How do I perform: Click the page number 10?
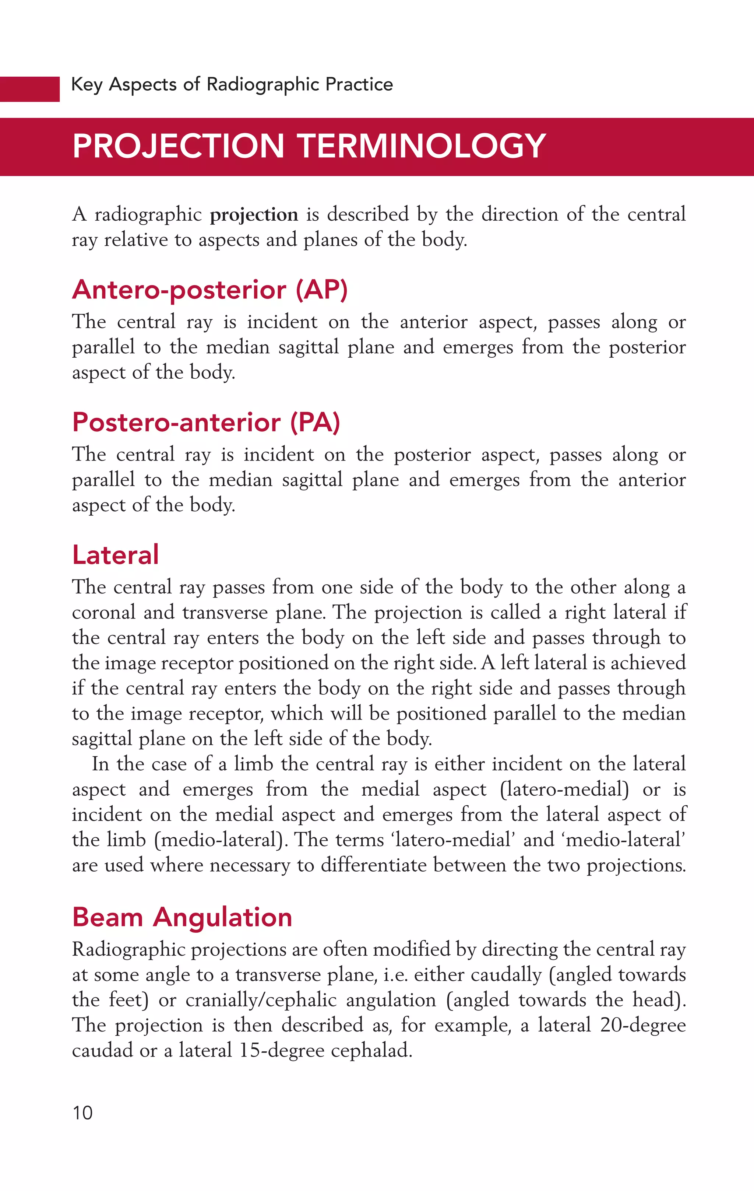(x=82, y=1113)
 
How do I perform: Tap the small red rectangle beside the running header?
(x=30, y=89)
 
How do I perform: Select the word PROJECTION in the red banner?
(x=178, y=146)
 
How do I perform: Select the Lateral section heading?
(x=115, y=554)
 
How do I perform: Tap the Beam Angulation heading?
(x=182, y=917)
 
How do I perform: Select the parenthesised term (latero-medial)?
(x=564, y=789)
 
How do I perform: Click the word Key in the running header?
(x=87, y=85)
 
